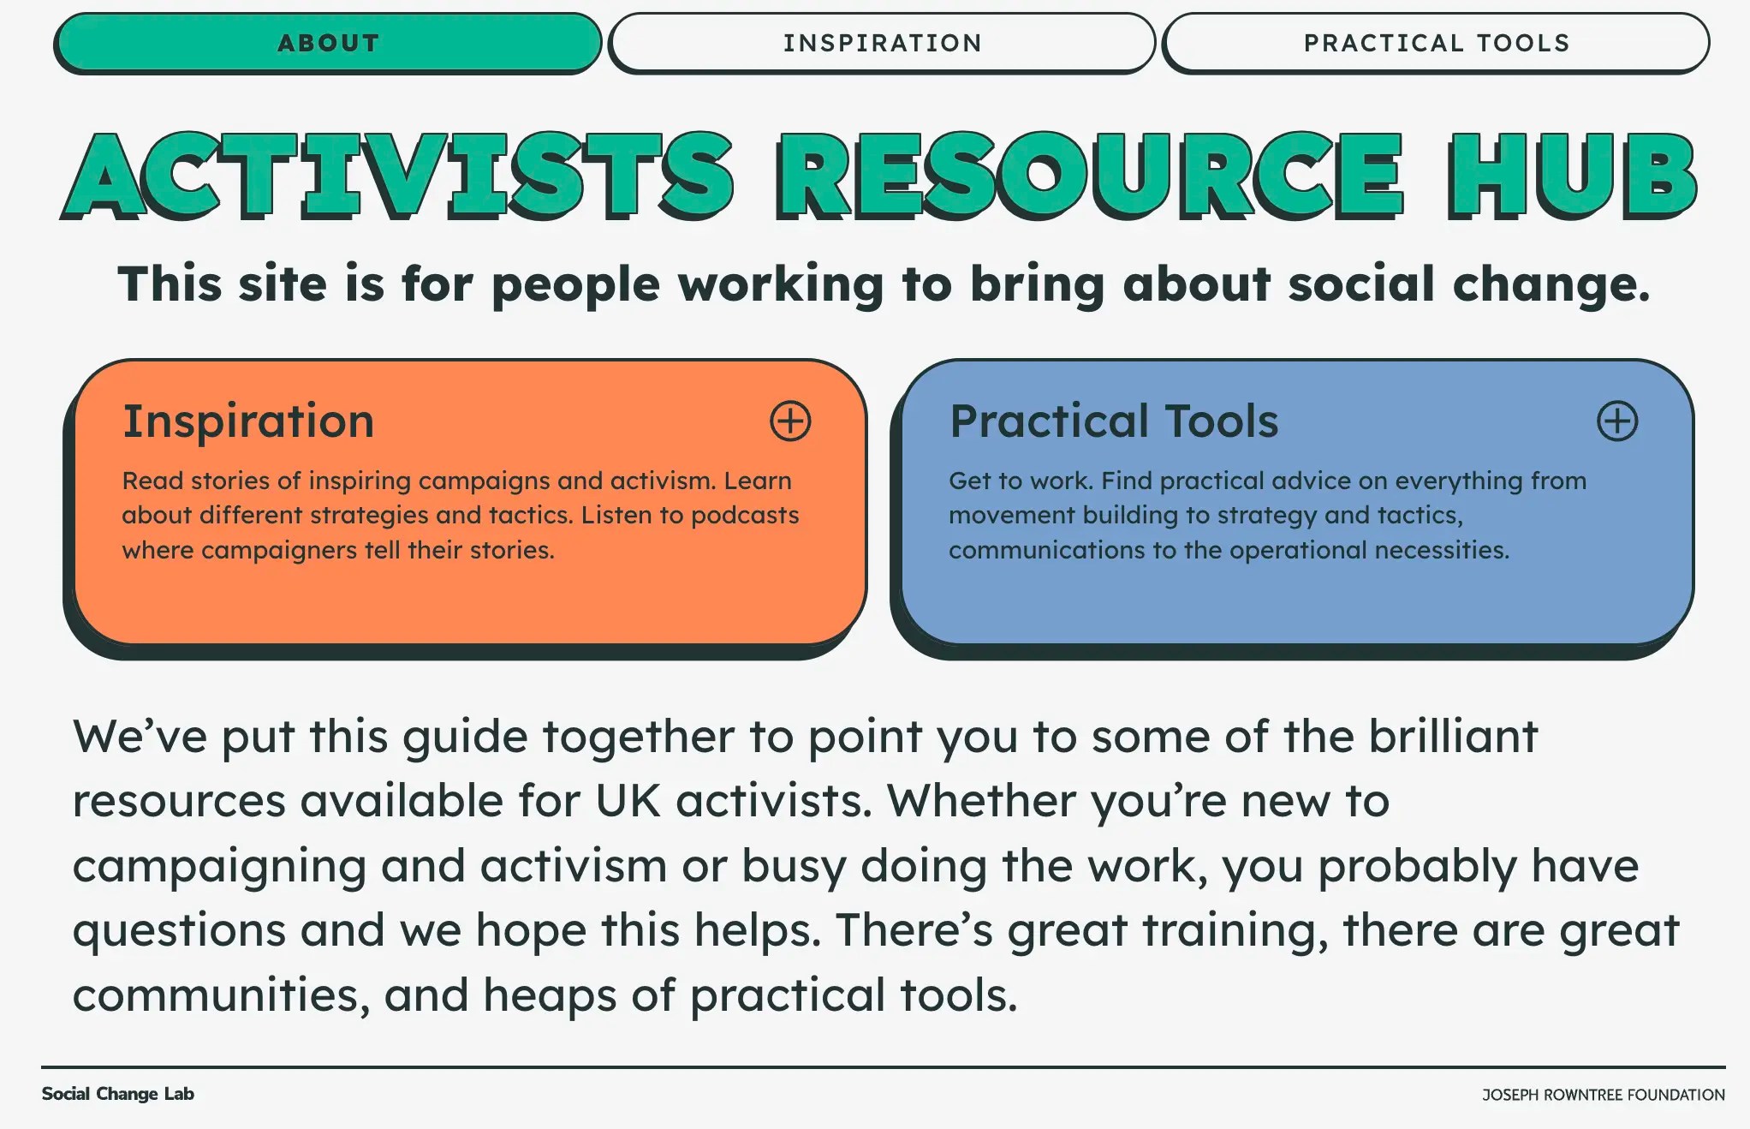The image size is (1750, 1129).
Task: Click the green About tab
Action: tap(328, 43)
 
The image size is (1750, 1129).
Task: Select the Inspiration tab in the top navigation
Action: tap(882, 43)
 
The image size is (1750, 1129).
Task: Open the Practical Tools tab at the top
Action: tap(1436, 43)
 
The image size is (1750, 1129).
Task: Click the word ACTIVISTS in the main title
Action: tap(399, 176)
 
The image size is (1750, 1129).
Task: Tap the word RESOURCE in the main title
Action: tap(1089, 176)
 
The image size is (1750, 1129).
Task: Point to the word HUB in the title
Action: tap(1572, 176)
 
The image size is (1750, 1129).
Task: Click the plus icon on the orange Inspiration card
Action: tap(789, 421)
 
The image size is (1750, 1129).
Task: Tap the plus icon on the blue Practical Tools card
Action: tap(1616, 421)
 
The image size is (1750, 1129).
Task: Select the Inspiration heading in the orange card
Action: tap(248, 421)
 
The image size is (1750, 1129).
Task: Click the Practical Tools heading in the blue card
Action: tap(1114, 421)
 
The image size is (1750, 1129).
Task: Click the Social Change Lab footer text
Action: tap(118, 1094)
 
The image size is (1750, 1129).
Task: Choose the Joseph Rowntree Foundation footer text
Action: tap(1603, 1095)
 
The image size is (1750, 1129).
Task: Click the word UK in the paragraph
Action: tap(628, 802)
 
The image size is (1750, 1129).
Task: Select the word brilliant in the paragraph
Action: tap(1453, 737)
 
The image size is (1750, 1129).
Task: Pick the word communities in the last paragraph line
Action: tap(221, 995)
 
